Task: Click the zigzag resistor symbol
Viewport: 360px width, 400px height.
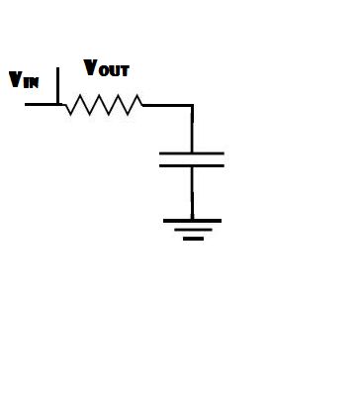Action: tap(103, 103)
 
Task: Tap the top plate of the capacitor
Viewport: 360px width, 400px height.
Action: tap(192, 153)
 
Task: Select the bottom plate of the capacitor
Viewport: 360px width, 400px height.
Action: tap(192, 166)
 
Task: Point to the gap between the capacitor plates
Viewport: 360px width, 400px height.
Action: tap(192, 160)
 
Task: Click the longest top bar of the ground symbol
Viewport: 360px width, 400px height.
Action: tap(192, 221)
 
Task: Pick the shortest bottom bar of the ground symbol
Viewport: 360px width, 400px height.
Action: tap(193, 239)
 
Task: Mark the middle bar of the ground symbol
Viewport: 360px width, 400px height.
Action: tap(193, 230)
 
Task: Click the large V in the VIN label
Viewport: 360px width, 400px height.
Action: tap(15, 79)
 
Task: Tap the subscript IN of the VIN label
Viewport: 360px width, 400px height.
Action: tap(31, 82)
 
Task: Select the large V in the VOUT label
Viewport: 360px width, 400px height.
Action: tap(92, 68)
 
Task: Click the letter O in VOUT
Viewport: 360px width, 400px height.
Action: tap(106, 71)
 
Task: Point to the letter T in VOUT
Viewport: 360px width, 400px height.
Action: tap(125, 71)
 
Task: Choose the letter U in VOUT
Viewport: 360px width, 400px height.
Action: tap(116, 71)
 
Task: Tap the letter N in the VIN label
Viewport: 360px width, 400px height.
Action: tap(34, 82)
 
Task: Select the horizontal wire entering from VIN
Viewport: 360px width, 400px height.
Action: tap(42, 102)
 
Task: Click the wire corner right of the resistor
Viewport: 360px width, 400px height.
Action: tap(192, 103)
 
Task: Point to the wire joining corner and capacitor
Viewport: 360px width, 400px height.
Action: tap(192, 129)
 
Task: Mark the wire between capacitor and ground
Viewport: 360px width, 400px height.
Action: tap(192, 193)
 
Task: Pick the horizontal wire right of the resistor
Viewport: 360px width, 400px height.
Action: tap(166, 103)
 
